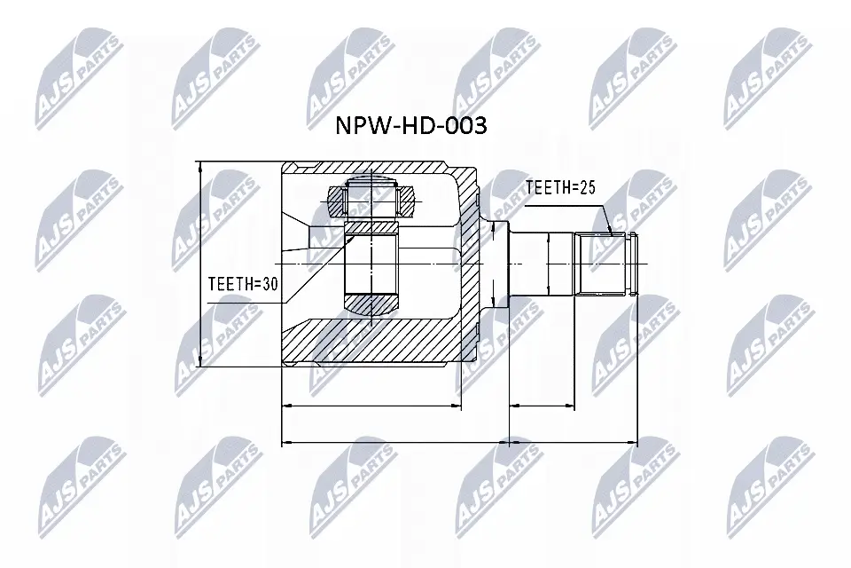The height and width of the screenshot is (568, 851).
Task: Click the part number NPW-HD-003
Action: (410, 126)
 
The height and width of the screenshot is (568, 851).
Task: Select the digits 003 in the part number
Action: (465, 126)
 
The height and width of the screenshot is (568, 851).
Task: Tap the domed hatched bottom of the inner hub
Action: (371, 304)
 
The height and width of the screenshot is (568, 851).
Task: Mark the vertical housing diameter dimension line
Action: (202, 266)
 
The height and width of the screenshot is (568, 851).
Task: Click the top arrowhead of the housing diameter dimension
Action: (202, 166)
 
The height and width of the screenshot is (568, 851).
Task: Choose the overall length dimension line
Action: (459, 441)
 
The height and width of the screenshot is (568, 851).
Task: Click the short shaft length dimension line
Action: (543, 407)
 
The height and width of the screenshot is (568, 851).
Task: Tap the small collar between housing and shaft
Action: (496, 264)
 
